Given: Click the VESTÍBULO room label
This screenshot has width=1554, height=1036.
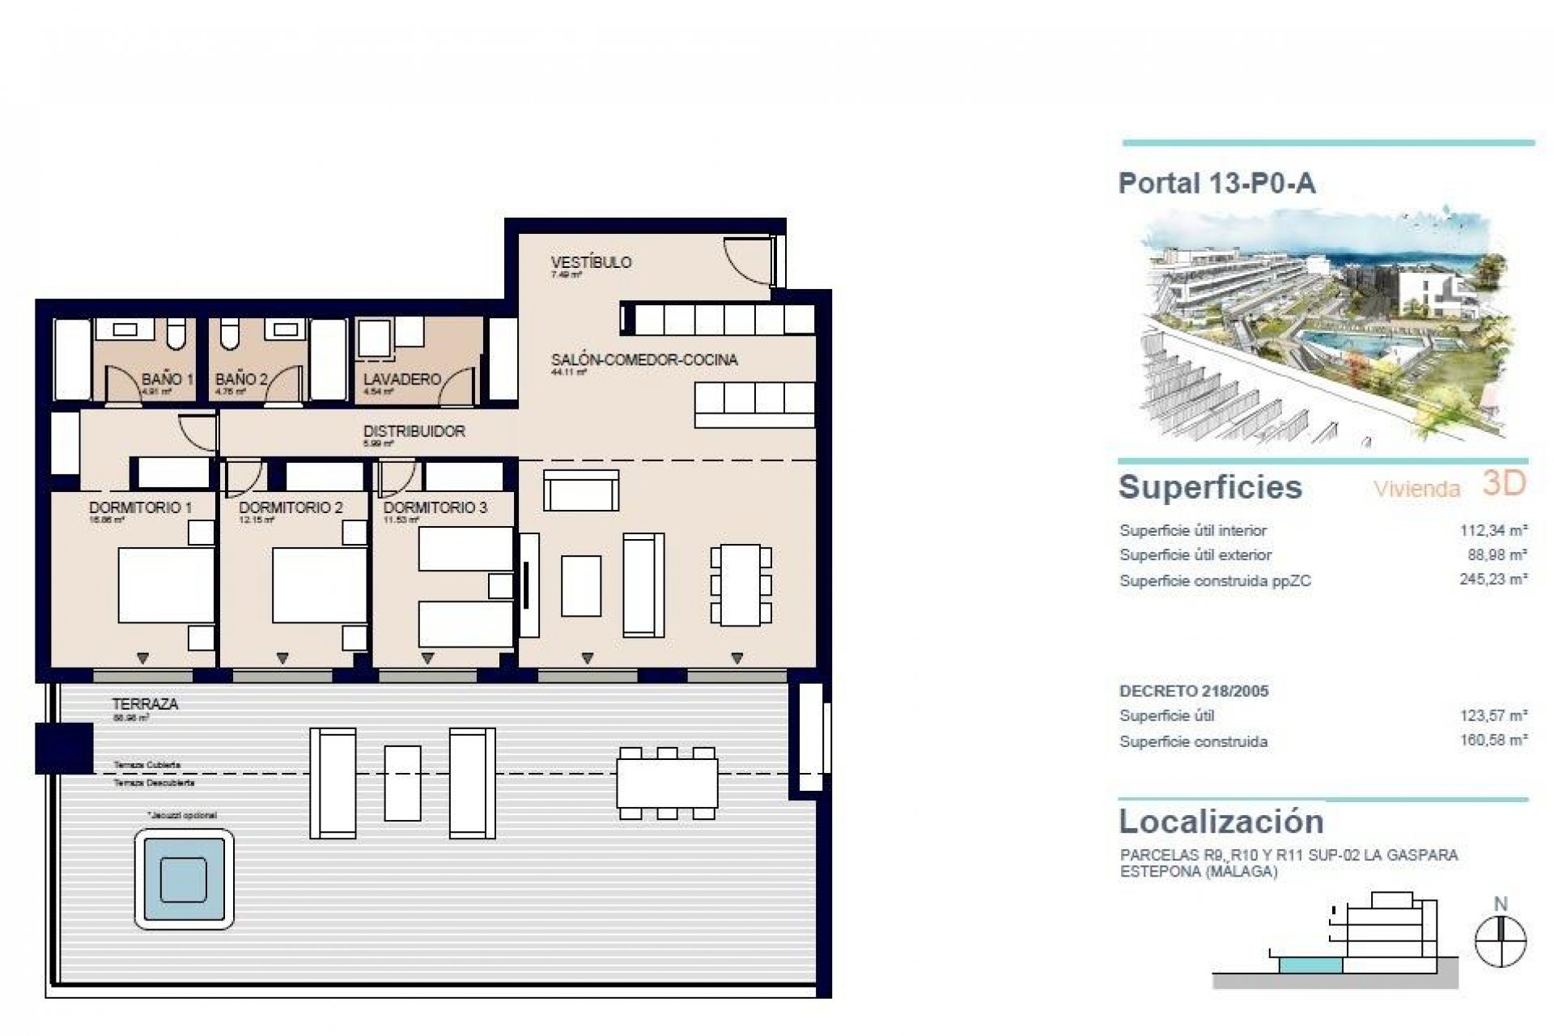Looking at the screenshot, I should tap(591, 262).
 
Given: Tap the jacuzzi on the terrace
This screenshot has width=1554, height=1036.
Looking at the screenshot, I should tap(184, 879).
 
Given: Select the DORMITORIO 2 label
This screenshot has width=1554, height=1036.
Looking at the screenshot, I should tap(291, 507).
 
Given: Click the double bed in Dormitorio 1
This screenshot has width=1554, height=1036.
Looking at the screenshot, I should tap(166, 585).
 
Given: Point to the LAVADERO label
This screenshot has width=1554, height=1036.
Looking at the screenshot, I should tap(401, 379).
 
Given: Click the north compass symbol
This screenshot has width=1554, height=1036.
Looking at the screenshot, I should tap(1500, 941).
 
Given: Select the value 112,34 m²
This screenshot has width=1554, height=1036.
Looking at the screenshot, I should tap(1493, 531).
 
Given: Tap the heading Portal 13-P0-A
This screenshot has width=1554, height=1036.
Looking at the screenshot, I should tap(1216, 184).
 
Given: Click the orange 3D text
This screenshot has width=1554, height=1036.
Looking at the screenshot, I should tap(1504, 483).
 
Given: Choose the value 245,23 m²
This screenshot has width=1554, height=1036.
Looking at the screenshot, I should tap(1493, 580).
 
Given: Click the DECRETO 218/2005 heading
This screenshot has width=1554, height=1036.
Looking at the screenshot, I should tap(1194, 691).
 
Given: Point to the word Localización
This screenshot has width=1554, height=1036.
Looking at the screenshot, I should tap(1221, 822).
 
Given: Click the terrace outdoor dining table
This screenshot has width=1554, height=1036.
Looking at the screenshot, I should tap(667, 783).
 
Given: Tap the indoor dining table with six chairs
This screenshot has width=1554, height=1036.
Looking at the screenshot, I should tap(741, 584).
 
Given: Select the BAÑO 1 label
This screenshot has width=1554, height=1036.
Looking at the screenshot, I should tap(167, 379).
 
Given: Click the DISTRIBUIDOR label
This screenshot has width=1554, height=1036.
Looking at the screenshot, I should tap(414, 431).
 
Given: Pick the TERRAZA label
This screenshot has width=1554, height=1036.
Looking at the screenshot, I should tap(146, 704).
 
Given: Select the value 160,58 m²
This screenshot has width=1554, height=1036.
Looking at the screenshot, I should tap(1493, 741).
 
